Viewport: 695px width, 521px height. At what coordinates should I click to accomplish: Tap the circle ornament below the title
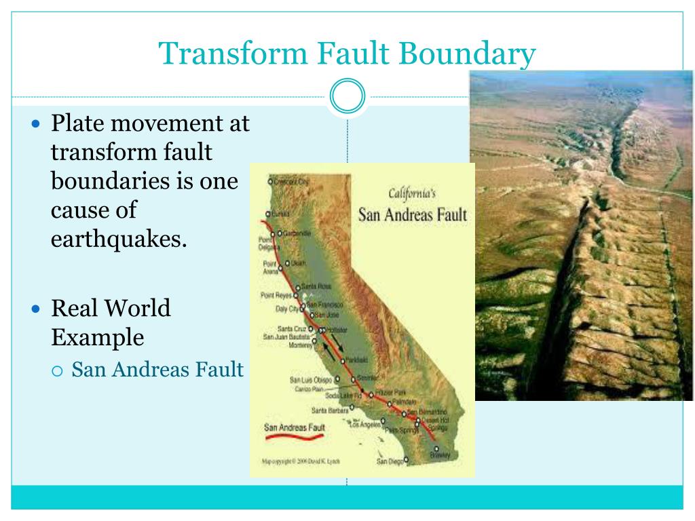pos(347,96)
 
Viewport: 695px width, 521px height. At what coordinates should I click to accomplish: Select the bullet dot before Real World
pos(37,309)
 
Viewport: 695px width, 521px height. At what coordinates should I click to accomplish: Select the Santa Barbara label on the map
pos(329,410)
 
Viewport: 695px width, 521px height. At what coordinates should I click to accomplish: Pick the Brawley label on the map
pos(440,455)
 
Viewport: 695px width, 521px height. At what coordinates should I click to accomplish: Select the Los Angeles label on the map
pos(364,425)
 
